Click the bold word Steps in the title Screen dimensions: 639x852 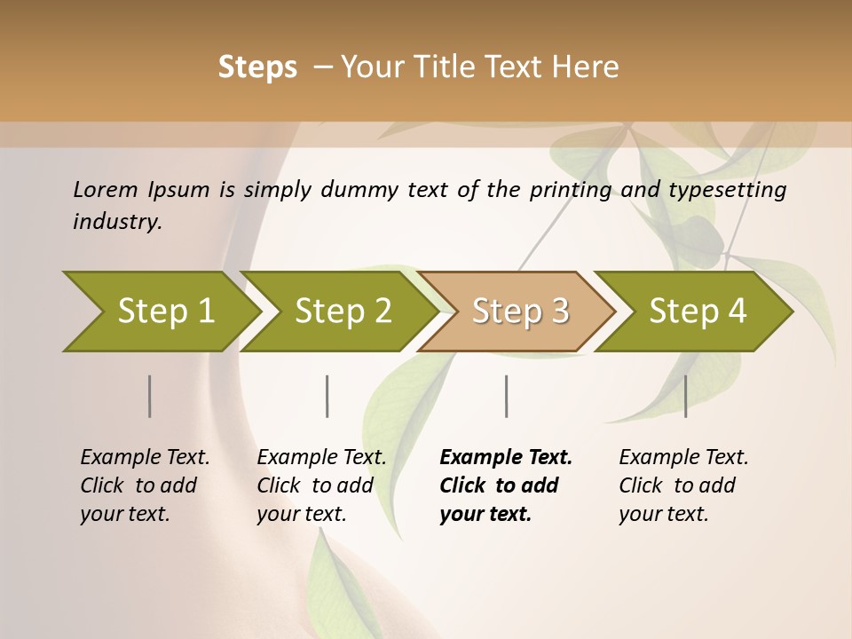[257, 67]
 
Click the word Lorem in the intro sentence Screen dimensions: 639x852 [105, 189]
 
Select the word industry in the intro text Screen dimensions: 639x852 [116, 222]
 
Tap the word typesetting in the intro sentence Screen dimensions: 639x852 [729, 189]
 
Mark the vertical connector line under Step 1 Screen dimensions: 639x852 [149, 396]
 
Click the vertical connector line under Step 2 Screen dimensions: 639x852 [327, 396]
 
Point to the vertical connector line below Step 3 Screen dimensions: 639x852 [506, 396]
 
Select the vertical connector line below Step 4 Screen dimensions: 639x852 [685, 396]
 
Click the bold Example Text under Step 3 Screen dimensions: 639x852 [506, 458]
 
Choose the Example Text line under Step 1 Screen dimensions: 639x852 [145, 458]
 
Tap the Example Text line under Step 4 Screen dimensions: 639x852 [683, 458]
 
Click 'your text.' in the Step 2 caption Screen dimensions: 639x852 [302, 514]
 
